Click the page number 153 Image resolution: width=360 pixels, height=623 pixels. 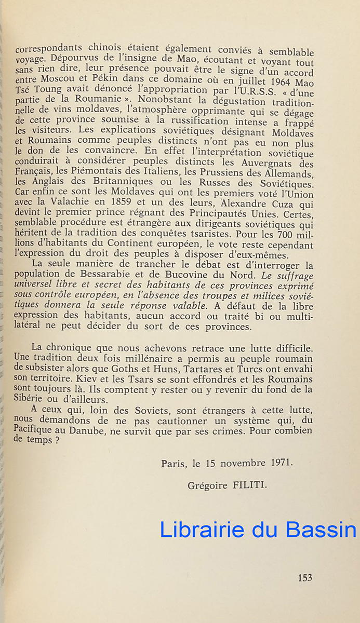pos(305,577)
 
